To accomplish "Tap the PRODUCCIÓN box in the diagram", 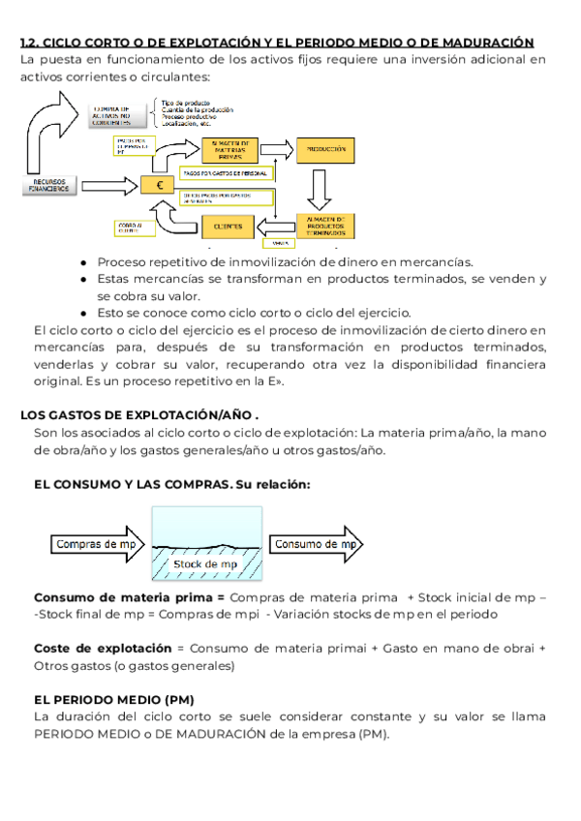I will pos(326,150).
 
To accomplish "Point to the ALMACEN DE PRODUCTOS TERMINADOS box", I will pos(326,223).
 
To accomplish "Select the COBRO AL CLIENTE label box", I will pos(130,228).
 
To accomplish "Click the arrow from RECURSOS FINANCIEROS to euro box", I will pos(108,184).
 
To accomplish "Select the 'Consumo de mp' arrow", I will pos(316,544).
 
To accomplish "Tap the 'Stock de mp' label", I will pos(204,563).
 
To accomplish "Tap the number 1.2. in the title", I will pos(30,43).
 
